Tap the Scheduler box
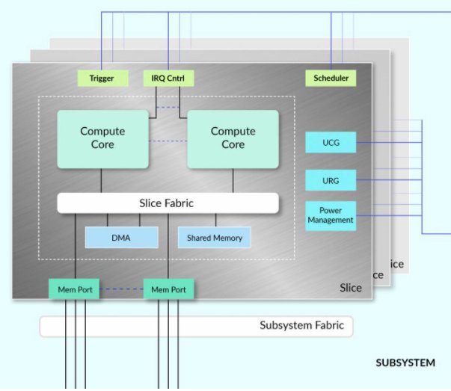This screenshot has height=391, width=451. click(330, 78)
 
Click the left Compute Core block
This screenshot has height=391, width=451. click(102, 139)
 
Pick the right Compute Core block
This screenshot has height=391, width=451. click(233, 139)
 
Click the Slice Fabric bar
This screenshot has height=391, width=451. click(168, 203)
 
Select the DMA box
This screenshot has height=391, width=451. click(121, 238)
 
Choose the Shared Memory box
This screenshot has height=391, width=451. click(215, 238)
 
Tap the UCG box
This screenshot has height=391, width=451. click(331, 142)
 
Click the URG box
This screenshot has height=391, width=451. click(331, 180)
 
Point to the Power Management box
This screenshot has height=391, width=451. click(331, 215)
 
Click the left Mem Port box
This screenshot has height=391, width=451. click(74, 289)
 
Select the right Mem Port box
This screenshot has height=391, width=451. click(169, 289)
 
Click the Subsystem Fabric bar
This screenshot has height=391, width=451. click(196, 326)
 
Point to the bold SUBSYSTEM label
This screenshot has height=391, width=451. click(405, 363)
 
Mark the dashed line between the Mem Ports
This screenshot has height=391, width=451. click(122, 289)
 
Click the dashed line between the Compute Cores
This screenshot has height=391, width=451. click(167, 142)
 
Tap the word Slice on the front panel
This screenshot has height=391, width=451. click(351, 288)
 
